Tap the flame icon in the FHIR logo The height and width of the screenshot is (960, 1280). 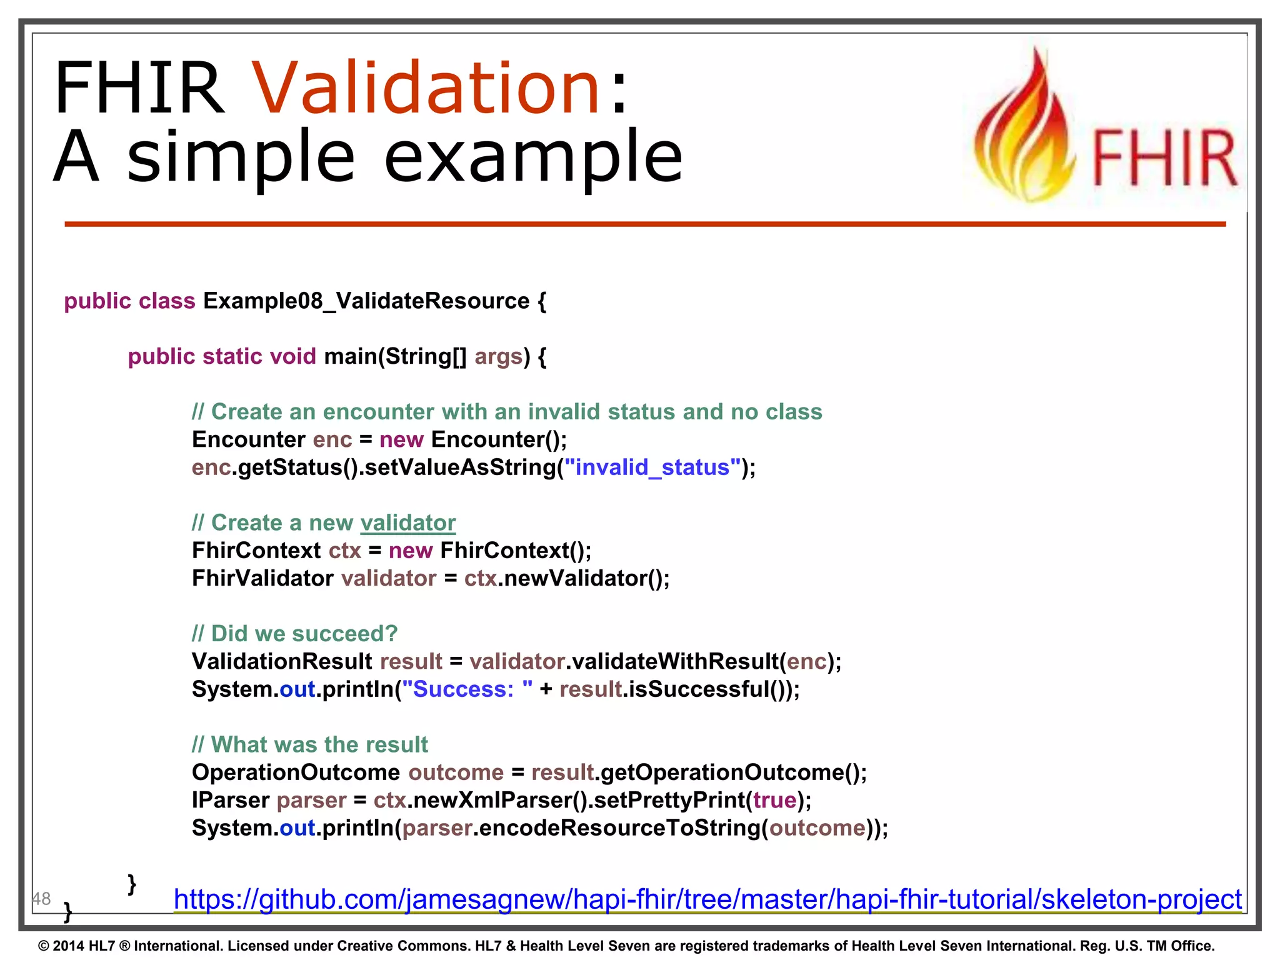point(1025,131)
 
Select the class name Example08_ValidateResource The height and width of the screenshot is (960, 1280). point(366,301)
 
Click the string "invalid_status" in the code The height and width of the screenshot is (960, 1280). point(652,467)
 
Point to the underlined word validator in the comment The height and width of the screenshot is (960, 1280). point(408,522)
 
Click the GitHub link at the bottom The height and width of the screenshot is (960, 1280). point(707,899)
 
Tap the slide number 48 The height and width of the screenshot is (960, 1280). point(41,899)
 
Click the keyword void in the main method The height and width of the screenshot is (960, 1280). point(292,356)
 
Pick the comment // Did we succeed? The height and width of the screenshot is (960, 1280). point(294,634)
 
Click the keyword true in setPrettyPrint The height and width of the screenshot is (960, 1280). point(775,800)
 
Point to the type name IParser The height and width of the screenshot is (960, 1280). point(230,800)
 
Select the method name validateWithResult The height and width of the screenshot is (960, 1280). point(675,661)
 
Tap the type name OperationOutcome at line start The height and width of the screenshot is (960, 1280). point(296,772)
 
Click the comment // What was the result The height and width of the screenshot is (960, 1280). point(310,744)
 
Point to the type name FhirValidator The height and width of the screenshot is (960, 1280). point(262,578)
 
